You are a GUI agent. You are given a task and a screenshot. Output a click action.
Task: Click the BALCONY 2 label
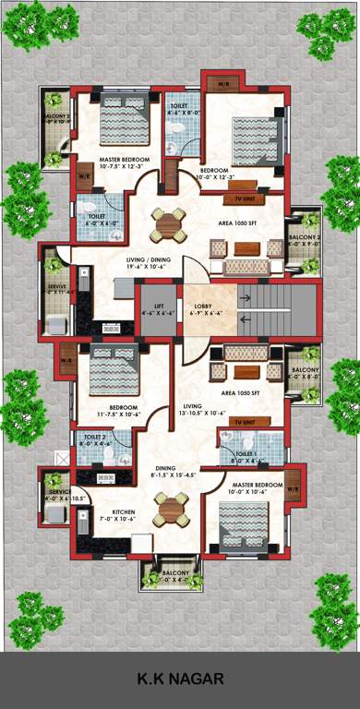click(305, 238)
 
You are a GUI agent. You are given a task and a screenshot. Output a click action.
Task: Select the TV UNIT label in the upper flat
click(244, 198)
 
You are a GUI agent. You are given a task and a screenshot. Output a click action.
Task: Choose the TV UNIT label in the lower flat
click(246, 422)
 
